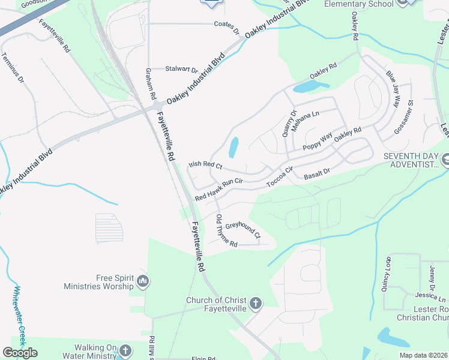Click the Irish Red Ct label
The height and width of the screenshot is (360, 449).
coord(205,164)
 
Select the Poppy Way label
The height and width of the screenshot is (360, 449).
coord(318,142)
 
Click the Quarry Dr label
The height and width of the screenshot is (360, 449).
coord(289,122)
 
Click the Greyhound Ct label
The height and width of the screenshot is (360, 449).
coord(243,229)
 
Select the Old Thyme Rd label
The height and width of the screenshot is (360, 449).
coord(226,231)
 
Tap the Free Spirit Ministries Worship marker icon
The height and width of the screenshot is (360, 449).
coord(143,281)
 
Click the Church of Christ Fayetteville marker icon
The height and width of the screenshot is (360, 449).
coord(256,304)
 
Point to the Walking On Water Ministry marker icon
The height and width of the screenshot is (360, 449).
coord(125,350)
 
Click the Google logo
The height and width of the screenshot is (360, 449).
coord(20,353)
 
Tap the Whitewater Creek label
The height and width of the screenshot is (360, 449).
coord(19,316)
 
